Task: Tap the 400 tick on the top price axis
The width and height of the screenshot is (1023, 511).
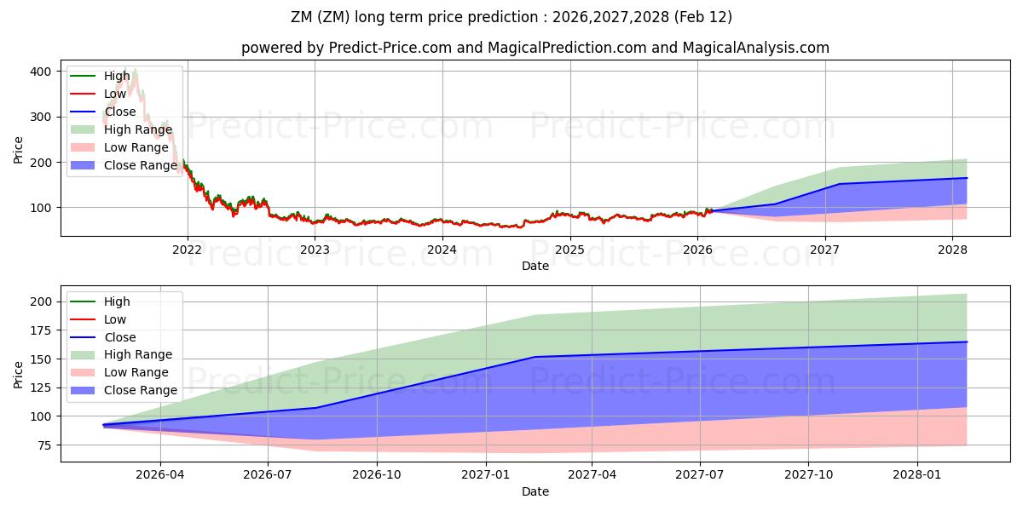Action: click(x=41, y=72)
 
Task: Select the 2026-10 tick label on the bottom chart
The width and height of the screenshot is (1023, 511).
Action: click(x=377, y=475)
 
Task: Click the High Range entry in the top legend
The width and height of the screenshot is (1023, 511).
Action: click(x=136, y=129)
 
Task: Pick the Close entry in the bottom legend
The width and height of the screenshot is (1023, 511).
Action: click(x=118, y=337)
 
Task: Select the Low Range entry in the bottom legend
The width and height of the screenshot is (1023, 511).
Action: click(x=136, y=372)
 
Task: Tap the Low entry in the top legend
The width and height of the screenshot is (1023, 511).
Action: click(x=116, y=94)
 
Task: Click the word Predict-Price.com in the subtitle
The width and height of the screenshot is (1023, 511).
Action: click(x=391, y=48)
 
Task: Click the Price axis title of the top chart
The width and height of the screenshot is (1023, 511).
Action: click(x=19, y=148)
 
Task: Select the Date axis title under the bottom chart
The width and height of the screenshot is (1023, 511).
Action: click(x=535, y=491)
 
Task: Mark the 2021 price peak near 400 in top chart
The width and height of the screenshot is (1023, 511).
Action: click(x=134, y=71)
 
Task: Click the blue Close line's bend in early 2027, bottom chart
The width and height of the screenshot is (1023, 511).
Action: click(x=535, y=357)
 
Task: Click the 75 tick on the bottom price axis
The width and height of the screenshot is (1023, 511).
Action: click(x=44, y=445)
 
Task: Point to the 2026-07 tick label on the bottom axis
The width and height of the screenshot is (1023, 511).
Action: click(x=269, y=475)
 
